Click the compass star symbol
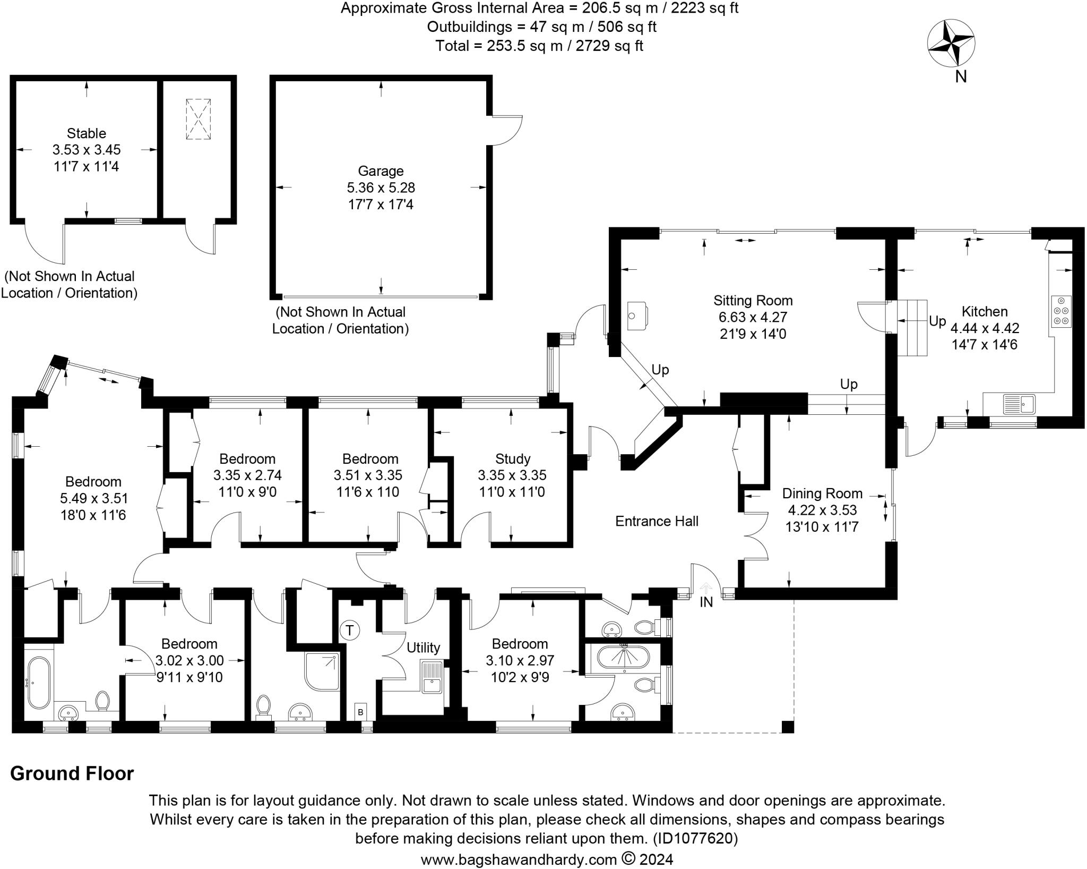coord(951,44)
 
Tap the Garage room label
coord(381,171)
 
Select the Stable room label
coord(87,133)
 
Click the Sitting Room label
coord(753,301)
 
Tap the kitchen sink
coord(1019,404)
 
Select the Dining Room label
coord(822,493)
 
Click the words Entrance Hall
coord(657,521)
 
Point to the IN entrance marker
coord(706,602)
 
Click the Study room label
coord(513,458)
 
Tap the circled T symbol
coord(349,631)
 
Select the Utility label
coord(423,648)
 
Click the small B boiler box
coord(360,712)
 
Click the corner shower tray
coord(322,671)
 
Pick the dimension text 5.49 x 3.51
coord(94,498)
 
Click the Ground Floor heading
coord(72,773)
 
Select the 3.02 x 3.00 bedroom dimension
coord(189,660)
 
